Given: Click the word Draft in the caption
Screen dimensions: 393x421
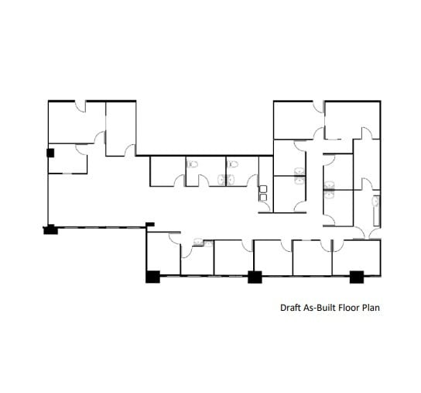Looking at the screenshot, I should point(290,307).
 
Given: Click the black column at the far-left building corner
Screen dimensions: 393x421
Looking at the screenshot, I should point(50,229).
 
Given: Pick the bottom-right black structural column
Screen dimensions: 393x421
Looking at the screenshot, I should point(356,276).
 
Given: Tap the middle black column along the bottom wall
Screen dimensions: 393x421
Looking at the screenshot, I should point(253,276).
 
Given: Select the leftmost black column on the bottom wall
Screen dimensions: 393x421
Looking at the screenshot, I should point(152,276).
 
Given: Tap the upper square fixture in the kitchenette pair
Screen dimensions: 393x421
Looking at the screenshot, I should point(264,188).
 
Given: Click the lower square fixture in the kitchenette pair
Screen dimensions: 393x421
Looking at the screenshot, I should point(264,198).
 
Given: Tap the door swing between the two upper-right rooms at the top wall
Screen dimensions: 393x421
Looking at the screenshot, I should point(320,108).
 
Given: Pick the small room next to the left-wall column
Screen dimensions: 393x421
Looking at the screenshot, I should point(68,159).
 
